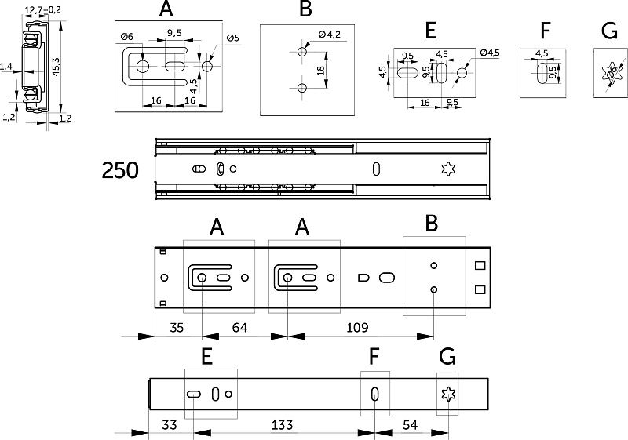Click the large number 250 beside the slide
pyautogui.click(x=119, y=169)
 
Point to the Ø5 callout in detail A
pyautogui.click(x=232, y=38)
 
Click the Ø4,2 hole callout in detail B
pyautogui.click(x=330, y=34)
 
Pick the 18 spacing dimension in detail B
pyautogui.click(x=320, y=71)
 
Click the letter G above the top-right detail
pyautogui.click(x=609, y=31)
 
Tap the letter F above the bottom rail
pyautogui.click(x=374, y=357)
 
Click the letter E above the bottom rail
pyautogui.click(x=206, y=357)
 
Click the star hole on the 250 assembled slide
pyautogui.click(x=449, y=169)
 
